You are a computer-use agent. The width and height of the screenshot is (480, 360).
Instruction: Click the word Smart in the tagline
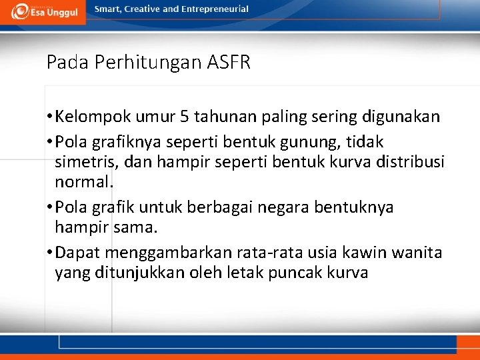coord(108,9)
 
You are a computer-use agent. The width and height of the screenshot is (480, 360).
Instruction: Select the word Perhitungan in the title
coord(149,63)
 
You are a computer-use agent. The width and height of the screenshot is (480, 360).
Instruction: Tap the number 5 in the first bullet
coord(184,117)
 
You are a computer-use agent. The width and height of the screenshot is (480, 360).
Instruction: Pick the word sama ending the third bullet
coord(138,227)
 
